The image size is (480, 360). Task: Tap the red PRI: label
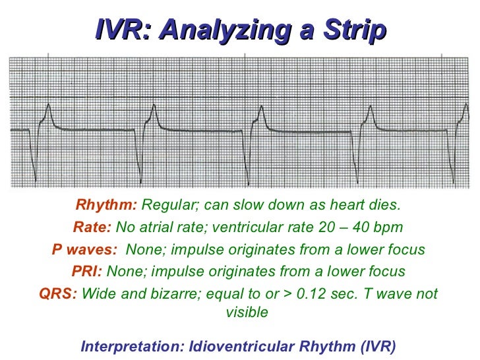[88, 271]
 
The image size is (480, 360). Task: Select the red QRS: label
[59, 293]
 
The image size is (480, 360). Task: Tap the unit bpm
[389, 227]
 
